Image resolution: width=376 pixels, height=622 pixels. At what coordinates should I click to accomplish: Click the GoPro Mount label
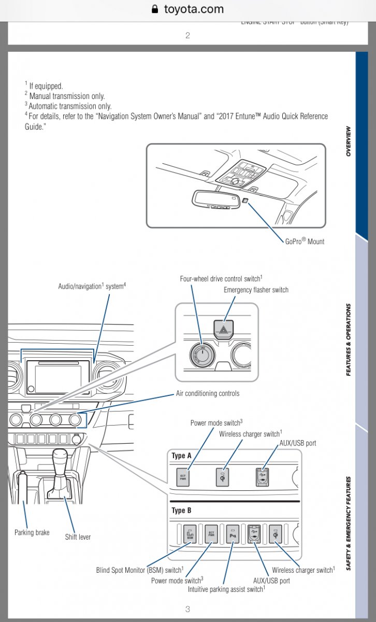304,241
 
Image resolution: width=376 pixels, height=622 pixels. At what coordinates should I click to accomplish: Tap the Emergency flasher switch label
256,290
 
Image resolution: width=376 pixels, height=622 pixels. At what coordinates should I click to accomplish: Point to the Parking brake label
32,532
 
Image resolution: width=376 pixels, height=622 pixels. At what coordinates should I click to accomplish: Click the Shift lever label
78,536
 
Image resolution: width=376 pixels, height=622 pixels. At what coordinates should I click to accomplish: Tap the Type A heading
181,456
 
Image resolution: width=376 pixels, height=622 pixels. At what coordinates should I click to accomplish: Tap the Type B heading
181,511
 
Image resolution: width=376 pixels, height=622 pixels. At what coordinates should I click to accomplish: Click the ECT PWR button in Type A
183,477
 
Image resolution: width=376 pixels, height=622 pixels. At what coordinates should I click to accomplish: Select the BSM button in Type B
190,533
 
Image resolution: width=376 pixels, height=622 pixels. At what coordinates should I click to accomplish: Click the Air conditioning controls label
207,393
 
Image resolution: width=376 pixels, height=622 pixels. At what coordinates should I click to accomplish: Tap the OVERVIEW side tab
348,141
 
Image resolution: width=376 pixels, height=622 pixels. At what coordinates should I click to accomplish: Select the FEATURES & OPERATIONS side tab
348,340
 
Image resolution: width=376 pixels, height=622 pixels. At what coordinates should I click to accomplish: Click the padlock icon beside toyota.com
154,9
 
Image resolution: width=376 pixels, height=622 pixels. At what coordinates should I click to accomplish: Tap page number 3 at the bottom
187,609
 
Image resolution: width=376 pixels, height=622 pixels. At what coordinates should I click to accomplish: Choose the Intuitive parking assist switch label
226,589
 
